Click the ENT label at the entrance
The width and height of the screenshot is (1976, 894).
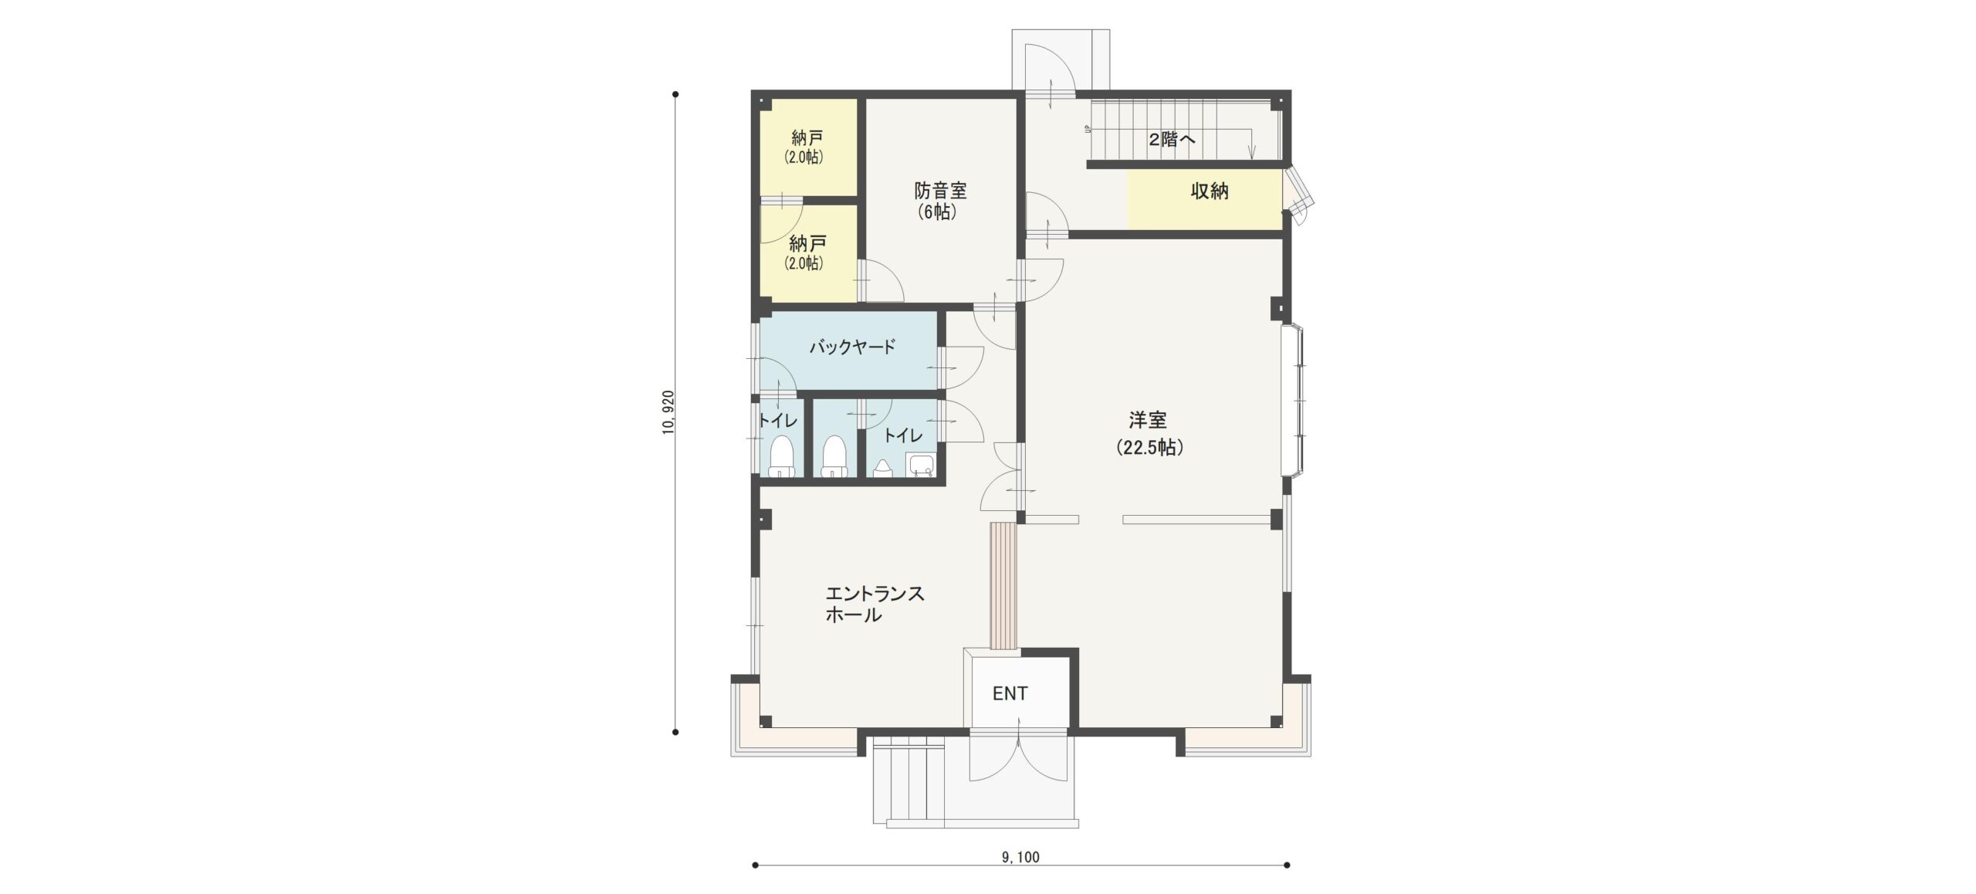click(1010, 694)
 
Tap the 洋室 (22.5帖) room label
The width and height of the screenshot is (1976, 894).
click(1149, 434)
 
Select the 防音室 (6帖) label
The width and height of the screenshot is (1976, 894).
click(940, 201)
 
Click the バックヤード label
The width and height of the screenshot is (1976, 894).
click(852, 347)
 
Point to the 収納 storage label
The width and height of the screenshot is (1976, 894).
click(1210, 191)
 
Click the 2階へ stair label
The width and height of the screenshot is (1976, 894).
click(1172, 140)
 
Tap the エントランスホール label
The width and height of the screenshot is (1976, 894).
click(875, 604)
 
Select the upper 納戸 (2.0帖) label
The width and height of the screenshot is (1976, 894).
click(807, 147)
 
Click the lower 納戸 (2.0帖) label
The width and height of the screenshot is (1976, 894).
click(807, 252)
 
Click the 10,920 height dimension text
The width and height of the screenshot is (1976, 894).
click(668, 412)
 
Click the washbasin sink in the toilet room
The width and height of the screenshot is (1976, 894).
click(920, 465)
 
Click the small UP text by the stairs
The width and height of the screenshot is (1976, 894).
click(1088, 130)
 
